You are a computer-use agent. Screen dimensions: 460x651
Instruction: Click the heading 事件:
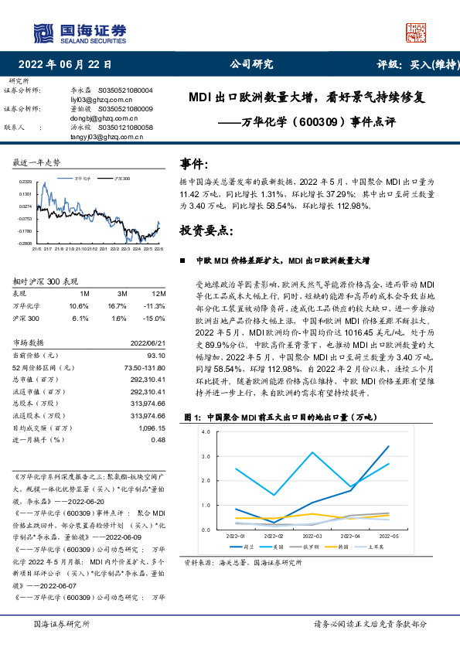pos(194,164)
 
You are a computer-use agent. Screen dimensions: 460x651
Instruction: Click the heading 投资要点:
pos(205,230)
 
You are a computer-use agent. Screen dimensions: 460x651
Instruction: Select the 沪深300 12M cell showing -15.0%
pos(155,318)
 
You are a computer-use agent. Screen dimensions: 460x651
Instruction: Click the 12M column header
pos(158,294)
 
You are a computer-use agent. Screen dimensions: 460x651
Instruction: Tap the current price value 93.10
pos(157,355)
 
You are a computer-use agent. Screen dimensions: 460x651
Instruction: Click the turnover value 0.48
pos(158,439)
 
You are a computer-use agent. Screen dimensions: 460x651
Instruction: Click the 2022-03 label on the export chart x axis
pos(312,536)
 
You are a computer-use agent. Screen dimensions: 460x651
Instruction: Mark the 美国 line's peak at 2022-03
pos(312,452)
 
